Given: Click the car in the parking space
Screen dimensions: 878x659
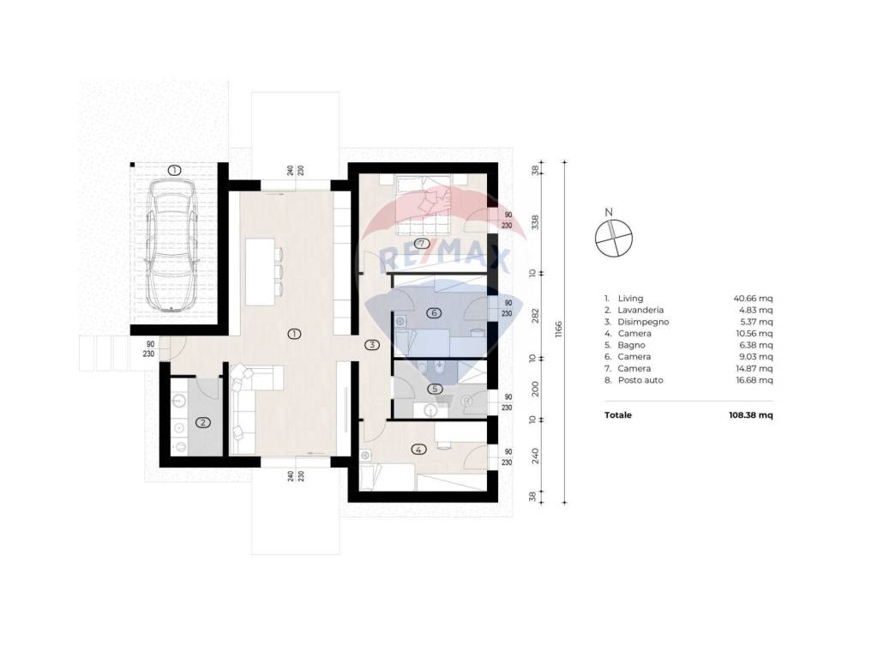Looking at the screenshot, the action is click(x=171, y=245).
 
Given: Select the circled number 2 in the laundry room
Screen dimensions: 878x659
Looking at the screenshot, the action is click(x=202, y=423).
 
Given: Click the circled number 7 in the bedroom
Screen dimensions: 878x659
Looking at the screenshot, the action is click(x=422, y=243).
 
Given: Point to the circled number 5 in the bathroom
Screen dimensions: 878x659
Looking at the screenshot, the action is click(x=434, y=389).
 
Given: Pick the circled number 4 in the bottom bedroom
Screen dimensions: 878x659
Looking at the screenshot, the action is click(x=418, y=449).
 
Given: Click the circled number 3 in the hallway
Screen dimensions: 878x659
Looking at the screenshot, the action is click(x=372, y=345).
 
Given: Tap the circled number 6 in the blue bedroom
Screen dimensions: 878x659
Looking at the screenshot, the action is click(x=433, y=312).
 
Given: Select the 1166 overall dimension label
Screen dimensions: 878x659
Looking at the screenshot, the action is click(x=558, y=329).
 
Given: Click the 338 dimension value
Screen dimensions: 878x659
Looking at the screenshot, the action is click(x=535, y=222).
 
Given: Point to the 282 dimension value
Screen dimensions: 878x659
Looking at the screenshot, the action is click(x=535, y=316).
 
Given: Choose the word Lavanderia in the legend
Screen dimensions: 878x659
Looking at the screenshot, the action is click(x=640, y=310).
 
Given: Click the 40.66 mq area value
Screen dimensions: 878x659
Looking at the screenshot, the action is click(x=753, y=298).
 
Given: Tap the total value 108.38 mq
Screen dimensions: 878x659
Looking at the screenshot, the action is click(x=751, y=415).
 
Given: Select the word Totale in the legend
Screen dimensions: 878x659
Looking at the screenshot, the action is click(x=618, y=415).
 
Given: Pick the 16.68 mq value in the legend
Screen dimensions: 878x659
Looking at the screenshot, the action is click(x=755, y=380).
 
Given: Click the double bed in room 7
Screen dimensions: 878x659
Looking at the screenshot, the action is click(x=424, y=205).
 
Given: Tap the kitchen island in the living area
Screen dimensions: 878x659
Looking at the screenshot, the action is click(x=261, y=272).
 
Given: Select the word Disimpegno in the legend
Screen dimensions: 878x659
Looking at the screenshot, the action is click(x=643, y=322).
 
